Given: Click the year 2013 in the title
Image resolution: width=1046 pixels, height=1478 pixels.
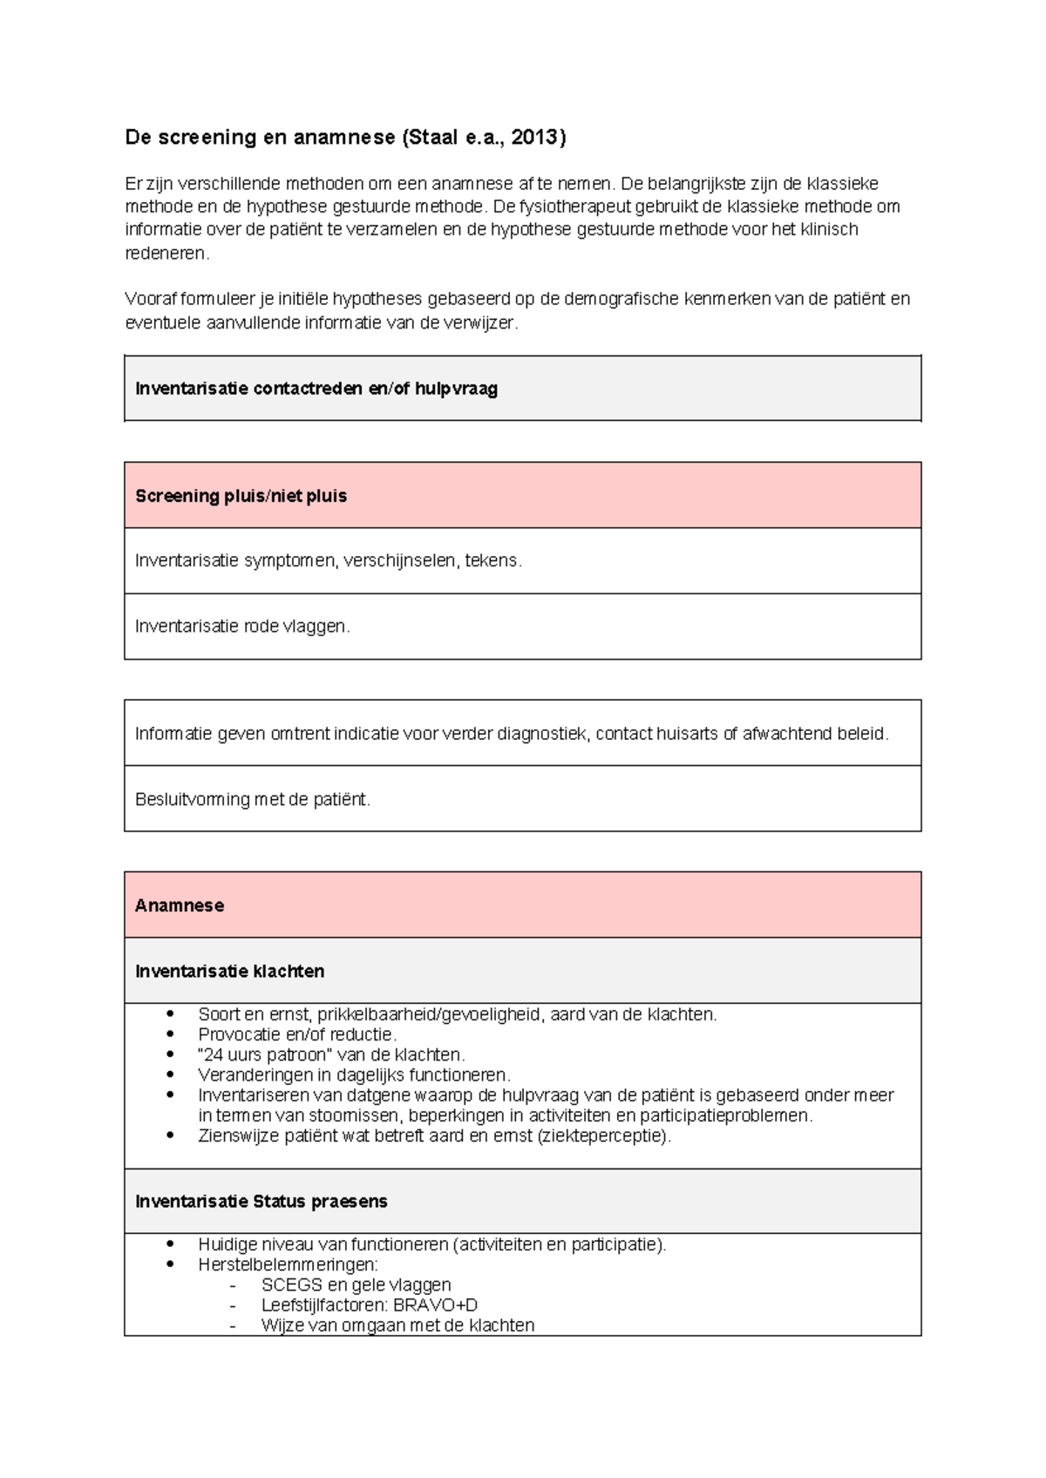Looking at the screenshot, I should click(x=535, y=137).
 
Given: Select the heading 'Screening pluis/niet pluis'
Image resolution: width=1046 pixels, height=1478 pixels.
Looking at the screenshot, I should click(x=241, y=496).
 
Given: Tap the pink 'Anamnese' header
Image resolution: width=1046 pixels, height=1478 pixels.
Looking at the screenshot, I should click(x=180, y=905).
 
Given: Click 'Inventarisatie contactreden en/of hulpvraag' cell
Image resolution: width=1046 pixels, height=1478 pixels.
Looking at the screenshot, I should click(x=316, y=389).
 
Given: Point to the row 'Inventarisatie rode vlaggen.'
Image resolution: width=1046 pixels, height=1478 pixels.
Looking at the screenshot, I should click(x=242, y=626).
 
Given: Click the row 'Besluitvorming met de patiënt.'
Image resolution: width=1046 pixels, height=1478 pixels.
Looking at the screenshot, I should click(x=253, y=799).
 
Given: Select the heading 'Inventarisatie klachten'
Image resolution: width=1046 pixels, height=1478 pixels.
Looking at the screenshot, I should click(x=229, y=971).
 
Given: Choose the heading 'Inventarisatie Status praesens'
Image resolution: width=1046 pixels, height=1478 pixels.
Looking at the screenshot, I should click(x=261, y=1201).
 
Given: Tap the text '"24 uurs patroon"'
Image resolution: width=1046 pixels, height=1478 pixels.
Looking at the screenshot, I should click(x=265, y=1054).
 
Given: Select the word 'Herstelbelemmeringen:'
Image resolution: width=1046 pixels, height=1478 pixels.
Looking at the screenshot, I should click(x=288, y=1264).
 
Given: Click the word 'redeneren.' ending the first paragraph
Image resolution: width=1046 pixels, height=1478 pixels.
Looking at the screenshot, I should click(x=167, y=254).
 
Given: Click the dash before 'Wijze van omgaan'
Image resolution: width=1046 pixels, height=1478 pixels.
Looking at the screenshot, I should click(x=233, y=1325).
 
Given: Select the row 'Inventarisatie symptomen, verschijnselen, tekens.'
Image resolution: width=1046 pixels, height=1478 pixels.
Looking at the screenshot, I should click(x=329, y=560).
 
